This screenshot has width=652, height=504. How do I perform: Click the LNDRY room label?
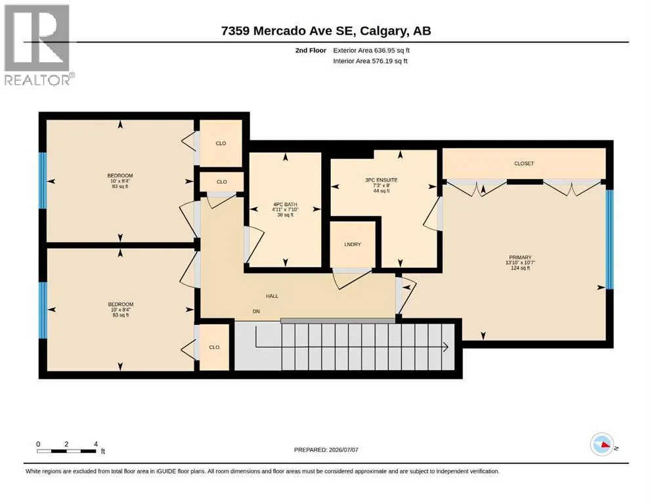(353, 244)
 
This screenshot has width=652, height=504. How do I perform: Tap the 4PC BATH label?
(285, 205)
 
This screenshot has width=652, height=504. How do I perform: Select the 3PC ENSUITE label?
(381, 180)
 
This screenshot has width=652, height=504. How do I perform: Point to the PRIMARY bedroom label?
(520, 258)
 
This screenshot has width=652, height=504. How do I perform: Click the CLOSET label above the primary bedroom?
(524, 163)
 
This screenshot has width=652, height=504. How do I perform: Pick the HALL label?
(272, 296)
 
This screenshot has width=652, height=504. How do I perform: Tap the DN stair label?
(256, 311)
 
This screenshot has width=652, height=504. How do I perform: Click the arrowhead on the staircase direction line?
(446, 346)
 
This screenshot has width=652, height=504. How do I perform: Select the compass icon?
(602, 444)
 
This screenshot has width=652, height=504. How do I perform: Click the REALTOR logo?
(37, 45)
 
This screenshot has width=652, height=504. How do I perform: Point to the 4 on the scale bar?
(96, 444)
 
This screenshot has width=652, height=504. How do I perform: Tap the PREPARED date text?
(326, 450)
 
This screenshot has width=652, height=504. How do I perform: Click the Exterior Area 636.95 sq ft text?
(372, 51)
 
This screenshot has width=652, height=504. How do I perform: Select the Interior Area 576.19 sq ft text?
(370, 61)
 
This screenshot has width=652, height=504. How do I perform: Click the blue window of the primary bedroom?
(609, 240)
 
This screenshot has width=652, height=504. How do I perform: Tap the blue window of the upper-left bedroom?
(43, 180)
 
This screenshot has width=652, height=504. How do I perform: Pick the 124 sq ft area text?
(520, 268)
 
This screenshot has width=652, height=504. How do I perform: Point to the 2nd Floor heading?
(311, 51)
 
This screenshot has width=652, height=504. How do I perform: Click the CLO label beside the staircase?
(214, 347)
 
